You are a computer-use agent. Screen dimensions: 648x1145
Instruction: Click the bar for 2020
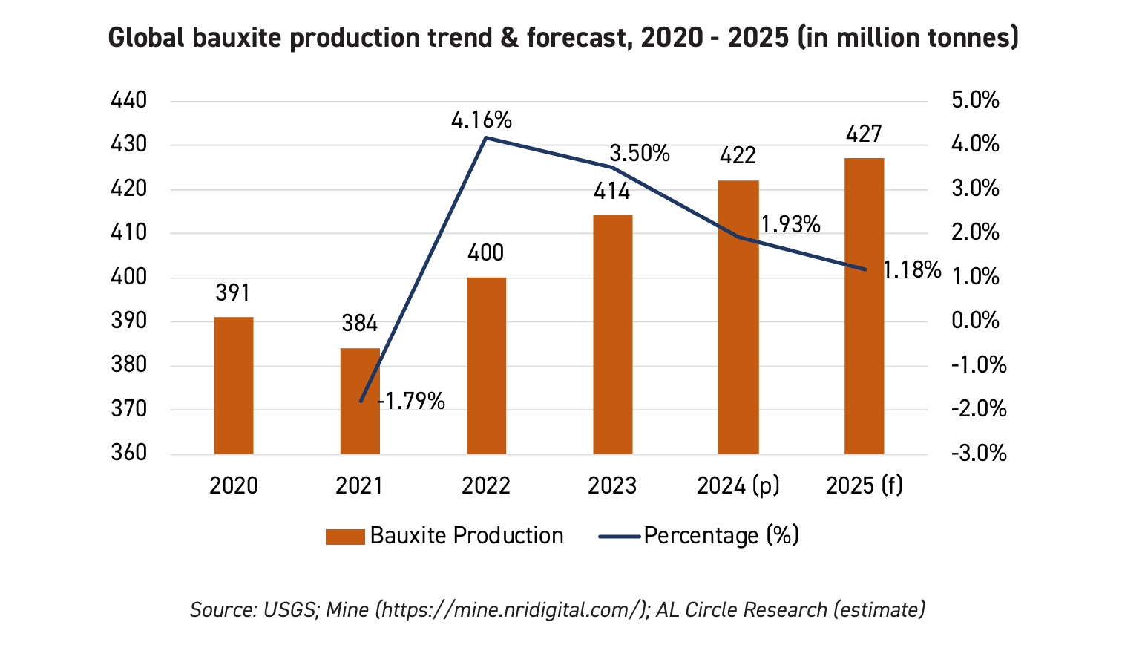click(233, 385)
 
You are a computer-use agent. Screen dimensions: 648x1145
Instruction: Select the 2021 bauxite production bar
click(360, 401)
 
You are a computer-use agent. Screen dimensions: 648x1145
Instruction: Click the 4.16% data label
click(482, 120)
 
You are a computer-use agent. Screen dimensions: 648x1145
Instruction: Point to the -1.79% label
click(412, 402)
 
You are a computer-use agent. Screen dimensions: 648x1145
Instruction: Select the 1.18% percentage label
click(911, 270)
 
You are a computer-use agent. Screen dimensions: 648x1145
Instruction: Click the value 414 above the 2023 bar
click(611, 192)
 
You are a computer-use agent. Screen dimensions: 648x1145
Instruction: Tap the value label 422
click(738, 156)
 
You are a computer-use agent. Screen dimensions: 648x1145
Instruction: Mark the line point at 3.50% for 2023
click(612, 167)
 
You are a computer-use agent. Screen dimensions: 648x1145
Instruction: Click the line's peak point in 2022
click(485, 137)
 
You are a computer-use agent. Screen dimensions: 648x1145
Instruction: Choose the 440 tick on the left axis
click(128, 100)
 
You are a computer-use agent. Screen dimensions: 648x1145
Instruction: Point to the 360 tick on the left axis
click(128, 453)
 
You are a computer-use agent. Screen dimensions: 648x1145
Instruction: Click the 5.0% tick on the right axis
click(975, 100)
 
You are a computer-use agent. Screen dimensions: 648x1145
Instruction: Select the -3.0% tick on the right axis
click(978, 453)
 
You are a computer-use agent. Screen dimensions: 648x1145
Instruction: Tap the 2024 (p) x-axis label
click(738, 485)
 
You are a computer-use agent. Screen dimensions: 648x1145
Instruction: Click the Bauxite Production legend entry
click(444, 536)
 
